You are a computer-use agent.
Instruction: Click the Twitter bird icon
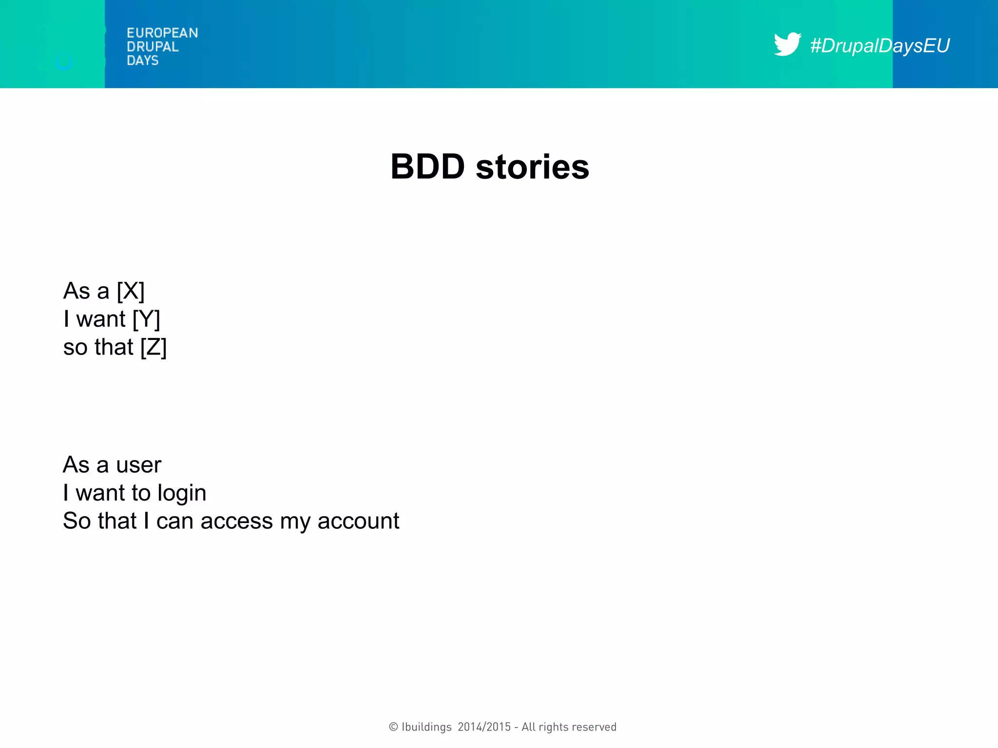[x=787, y=44]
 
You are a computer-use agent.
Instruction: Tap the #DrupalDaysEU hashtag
[x=880, y=46]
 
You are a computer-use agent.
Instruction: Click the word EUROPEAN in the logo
[x=162, y=33]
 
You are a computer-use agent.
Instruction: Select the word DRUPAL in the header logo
[x=153, y=47]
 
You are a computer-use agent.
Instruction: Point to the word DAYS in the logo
[x=142, y=60]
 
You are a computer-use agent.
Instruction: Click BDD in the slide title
[x=427, y=167]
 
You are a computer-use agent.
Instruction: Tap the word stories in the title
[x=532, y=167]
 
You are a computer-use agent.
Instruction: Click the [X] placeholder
[x=131, y=291]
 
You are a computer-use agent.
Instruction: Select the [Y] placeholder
[x=146, y=319]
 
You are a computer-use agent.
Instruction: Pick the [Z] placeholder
[x=154, y=348]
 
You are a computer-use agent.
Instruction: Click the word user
[x=138, y=465]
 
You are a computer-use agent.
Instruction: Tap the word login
[x=182, y=493]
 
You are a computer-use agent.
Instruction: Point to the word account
[x=358, y=522]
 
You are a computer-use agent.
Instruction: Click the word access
[x=236, y=522]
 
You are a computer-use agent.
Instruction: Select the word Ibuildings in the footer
[x=426, y=727]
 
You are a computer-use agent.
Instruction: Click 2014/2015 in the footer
[x=484, y=727]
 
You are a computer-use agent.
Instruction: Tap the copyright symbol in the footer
[x=393, y=727]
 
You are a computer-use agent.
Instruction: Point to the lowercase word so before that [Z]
[x=75, y=348]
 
